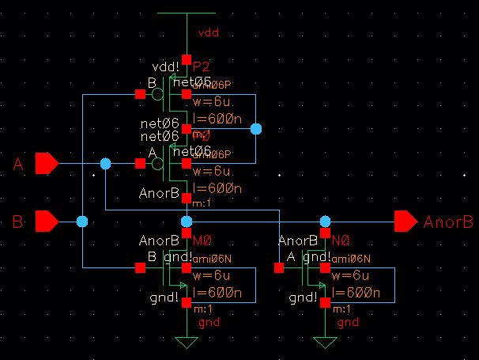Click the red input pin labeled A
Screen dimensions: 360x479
point(47,164)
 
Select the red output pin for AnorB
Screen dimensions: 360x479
point(405,221)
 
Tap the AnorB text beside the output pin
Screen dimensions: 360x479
point(448,222)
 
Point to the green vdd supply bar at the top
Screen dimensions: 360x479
point(186,13)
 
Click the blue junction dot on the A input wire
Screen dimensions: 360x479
point(105,164)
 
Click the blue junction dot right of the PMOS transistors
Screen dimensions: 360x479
point(255,128)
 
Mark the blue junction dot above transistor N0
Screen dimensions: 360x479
point(324,221)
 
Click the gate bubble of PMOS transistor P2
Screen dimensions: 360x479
point(158,94)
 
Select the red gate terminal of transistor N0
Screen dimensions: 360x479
point(278,268)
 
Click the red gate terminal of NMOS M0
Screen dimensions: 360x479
point(140,268)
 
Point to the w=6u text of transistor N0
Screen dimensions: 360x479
point(347,276)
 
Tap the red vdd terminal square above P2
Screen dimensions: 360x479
point(186,59)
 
